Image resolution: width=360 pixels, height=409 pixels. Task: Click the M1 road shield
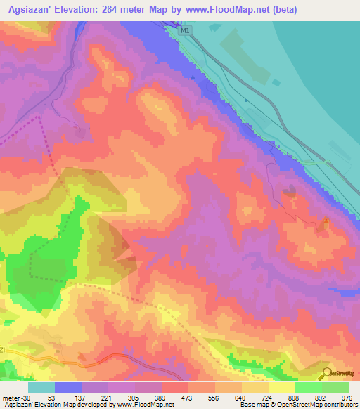tap(185, 31)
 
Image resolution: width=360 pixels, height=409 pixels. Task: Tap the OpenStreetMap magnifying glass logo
tap(326, 374)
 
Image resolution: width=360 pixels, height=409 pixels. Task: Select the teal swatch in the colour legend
tap(41, 387)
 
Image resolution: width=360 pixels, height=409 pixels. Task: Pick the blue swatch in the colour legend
tap(68, 387)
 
